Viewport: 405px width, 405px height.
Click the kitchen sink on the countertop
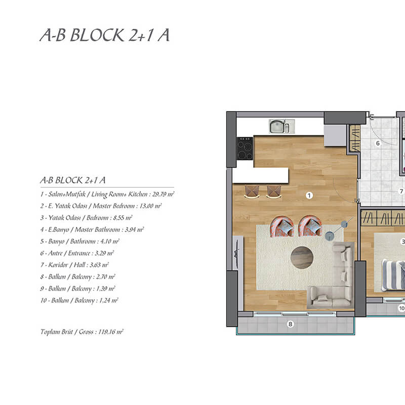pyautogui.click(x=282, y=126)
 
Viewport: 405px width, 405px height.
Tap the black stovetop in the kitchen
pyautogui.click(x=245, y=148)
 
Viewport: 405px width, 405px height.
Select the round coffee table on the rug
pyautogui.click(x=302, y=258)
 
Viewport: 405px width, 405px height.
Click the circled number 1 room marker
pyautogui.click(x=309, y=195)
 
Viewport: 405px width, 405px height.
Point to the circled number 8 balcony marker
pyautogui.click(x=290, y=324)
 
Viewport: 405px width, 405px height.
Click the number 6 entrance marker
pyautogui.click(x=378, y=143)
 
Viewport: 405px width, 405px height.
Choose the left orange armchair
pyautogui.click(x=282, y=226)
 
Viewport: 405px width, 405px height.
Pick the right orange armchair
pyautogui.click(x=310, y=226)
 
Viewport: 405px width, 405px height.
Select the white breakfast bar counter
pyautogui.click(x=260, y=175)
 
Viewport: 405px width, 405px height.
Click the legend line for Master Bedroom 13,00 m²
pyautogui.click(x=101, y=206)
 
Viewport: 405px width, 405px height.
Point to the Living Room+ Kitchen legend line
pyautogui.click(x=107, y=194)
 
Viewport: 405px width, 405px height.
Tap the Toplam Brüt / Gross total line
pyautogui.click(x=82, y=332)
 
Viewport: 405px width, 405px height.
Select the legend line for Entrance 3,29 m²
pyautogui.click(x=77, y=254)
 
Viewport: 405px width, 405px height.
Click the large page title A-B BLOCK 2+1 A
pyautogui.click(x=105, y=35)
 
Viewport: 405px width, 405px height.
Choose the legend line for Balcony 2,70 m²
pyautogui.click(x=77, y=277)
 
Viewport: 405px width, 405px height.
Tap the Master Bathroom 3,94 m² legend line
pyautogui.click(x=92, y=230)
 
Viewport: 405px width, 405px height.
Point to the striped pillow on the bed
pyautogui.click(x=393, y=274)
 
